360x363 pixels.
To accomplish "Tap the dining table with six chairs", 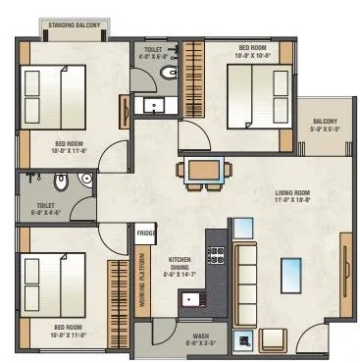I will pos(201,169).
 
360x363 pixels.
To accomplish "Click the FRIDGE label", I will pos(146,233).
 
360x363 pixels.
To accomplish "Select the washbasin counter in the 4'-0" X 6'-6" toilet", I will pos(154,105).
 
